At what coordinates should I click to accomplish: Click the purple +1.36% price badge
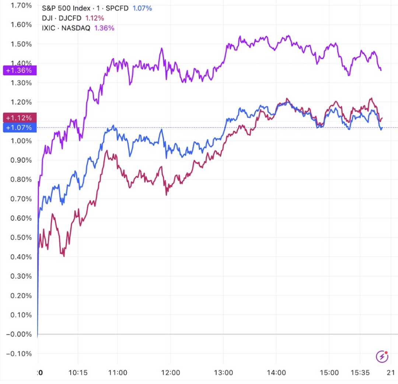click(19, 70)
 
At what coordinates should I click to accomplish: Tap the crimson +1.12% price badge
click(19, 118)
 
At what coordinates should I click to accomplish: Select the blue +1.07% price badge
click(19, 128)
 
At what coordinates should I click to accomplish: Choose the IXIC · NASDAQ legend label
click(66, 28)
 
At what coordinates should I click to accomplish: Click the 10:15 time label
click(78, 373)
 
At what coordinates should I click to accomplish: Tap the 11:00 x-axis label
click(118, 373)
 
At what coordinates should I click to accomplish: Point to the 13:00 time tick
click(223, 373)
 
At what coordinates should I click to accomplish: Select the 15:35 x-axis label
click(360, 373)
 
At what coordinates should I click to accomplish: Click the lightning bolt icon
click(382, 357)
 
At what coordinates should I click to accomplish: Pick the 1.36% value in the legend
click(104, 28)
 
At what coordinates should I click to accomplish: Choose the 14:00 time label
click(276, 373)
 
